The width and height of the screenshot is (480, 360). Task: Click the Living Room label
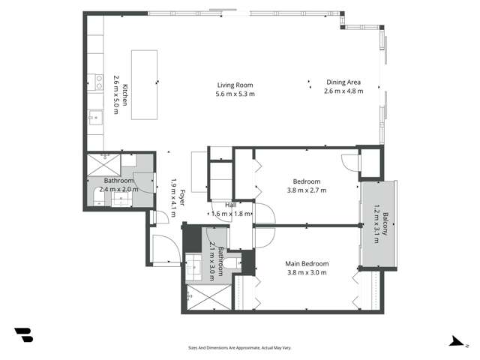click(x=235, y=85)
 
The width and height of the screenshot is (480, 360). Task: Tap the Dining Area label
click(x=343, y=82)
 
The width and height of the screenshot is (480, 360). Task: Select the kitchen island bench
click(x=144, y=73)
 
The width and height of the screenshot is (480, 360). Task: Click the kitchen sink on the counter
click(x=95, y=118)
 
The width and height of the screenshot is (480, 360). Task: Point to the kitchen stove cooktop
click(x=95, y=82)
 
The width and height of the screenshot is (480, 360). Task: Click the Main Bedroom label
click(x=306, y=263)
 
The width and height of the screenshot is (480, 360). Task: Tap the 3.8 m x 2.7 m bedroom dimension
click(x=306, y=190)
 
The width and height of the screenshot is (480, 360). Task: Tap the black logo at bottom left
click(x=23, y=335)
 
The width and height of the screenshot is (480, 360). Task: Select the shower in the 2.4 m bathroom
click(x=103, y=165)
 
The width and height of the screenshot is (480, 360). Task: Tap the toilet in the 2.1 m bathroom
click(x=232, y=262)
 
